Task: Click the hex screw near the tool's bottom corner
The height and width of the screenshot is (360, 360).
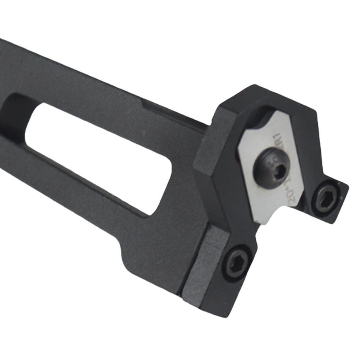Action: (236, 261)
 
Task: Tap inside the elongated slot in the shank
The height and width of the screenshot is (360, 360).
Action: (97, 155)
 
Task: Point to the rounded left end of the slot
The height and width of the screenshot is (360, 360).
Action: (31, 122)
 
